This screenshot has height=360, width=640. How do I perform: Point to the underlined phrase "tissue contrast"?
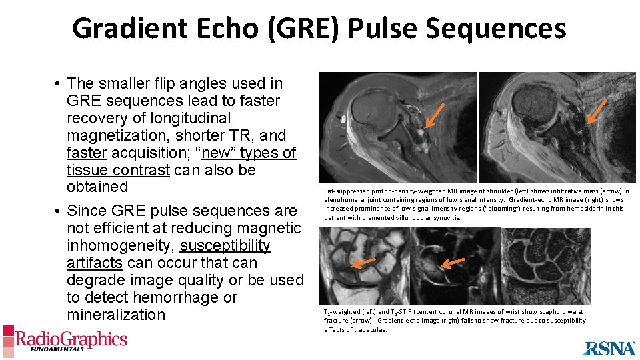tap(118, 170)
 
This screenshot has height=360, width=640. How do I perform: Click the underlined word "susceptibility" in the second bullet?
tap(225, 245)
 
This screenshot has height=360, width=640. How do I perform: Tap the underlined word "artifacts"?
tap(94, 263)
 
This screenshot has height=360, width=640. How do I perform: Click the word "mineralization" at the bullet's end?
tap(115, 315)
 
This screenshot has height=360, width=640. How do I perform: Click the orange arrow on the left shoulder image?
tap(435, 115)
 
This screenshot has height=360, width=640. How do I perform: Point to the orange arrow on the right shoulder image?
tap(597, 111)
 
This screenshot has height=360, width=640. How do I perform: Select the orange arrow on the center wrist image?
tap(453, 263)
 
